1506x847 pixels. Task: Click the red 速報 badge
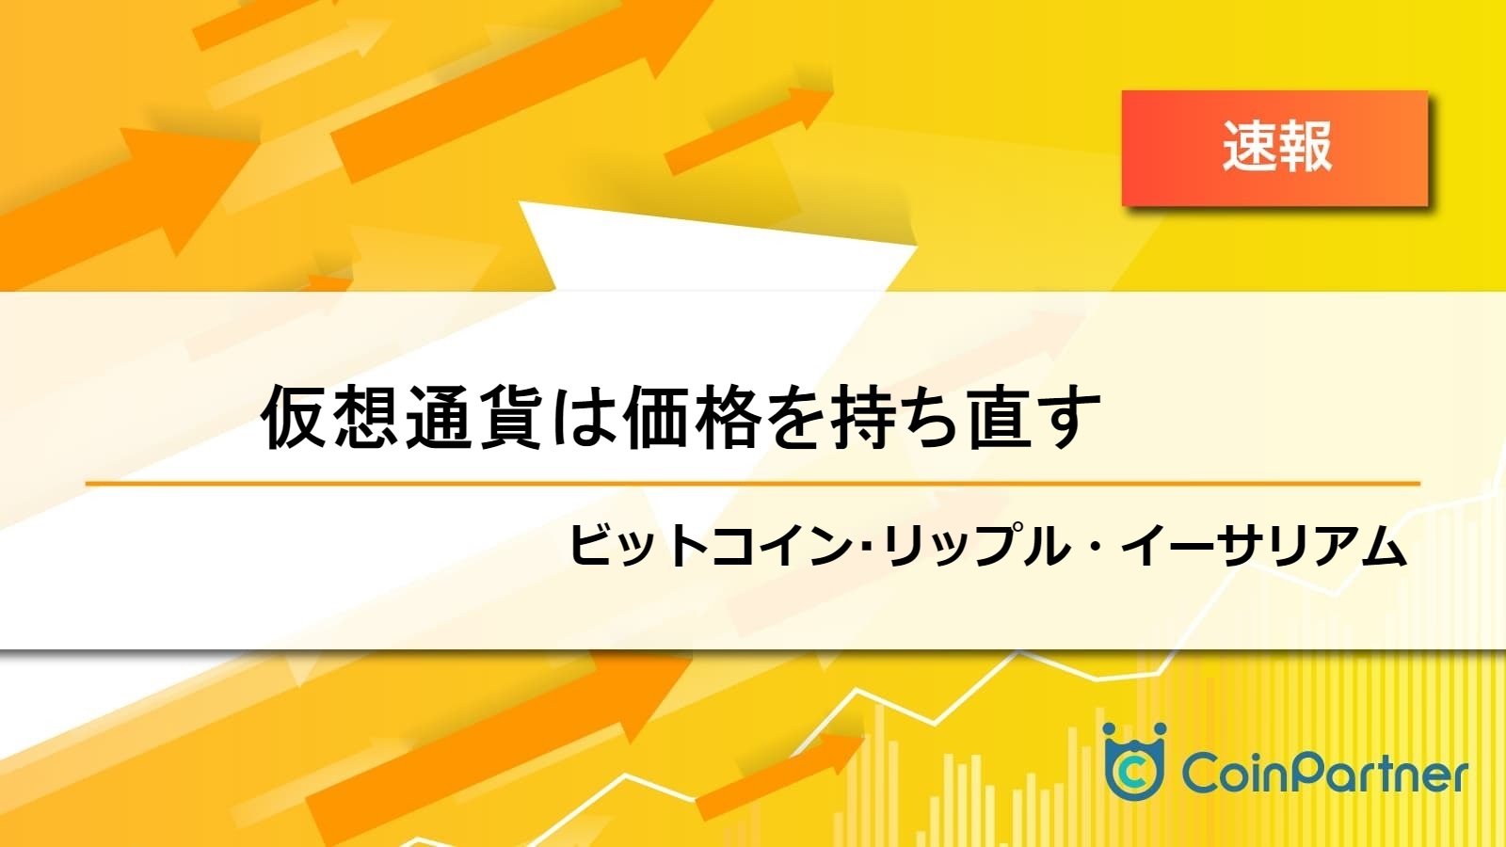click(x=1274, y=148)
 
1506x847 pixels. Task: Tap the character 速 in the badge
click(x=1248, y=147)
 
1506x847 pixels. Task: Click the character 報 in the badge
click(x=1305, y=147)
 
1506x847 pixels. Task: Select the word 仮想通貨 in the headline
click(x=401, y=417)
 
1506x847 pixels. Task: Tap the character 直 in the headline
click(x=1001, y=417)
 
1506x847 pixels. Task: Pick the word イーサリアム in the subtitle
click(x=1264, y=547)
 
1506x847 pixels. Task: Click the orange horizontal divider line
click(x=753, y=484)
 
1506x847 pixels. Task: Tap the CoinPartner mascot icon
click(x=1135, y=761)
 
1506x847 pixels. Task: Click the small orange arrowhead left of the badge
click(x=813, y=107)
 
